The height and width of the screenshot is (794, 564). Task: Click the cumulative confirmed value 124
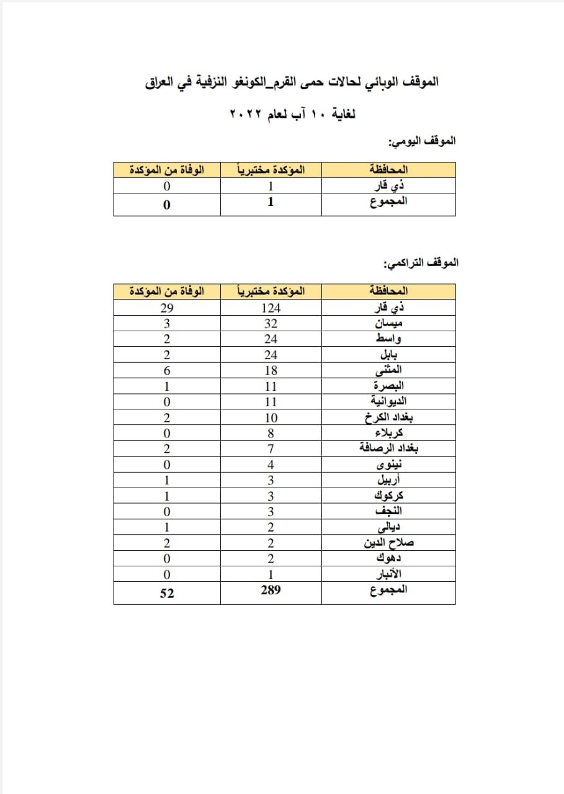coord(271,308)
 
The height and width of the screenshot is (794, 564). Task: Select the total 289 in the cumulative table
coord(271,591)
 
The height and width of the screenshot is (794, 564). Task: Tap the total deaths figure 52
coord(166,593)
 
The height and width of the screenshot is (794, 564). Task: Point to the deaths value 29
coord(166,308)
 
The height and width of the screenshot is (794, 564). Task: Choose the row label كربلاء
coord(389,434)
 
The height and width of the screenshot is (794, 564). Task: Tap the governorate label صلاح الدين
coord(389,543)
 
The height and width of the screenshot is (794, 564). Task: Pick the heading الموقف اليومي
coord(422,141)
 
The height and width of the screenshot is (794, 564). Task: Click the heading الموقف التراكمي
coord(421,263)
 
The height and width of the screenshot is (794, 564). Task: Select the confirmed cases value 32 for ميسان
coord(271,323)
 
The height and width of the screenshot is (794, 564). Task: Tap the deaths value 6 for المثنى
coord(166,370)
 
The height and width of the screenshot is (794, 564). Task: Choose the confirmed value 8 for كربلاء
coord(271,434)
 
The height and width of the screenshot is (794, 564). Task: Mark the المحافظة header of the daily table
coord(389,169)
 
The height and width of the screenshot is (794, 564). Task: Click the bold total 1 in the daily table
coord(271,202)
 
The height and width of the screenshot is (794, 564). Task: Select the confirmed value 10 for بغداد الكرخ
coord(271,417)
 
